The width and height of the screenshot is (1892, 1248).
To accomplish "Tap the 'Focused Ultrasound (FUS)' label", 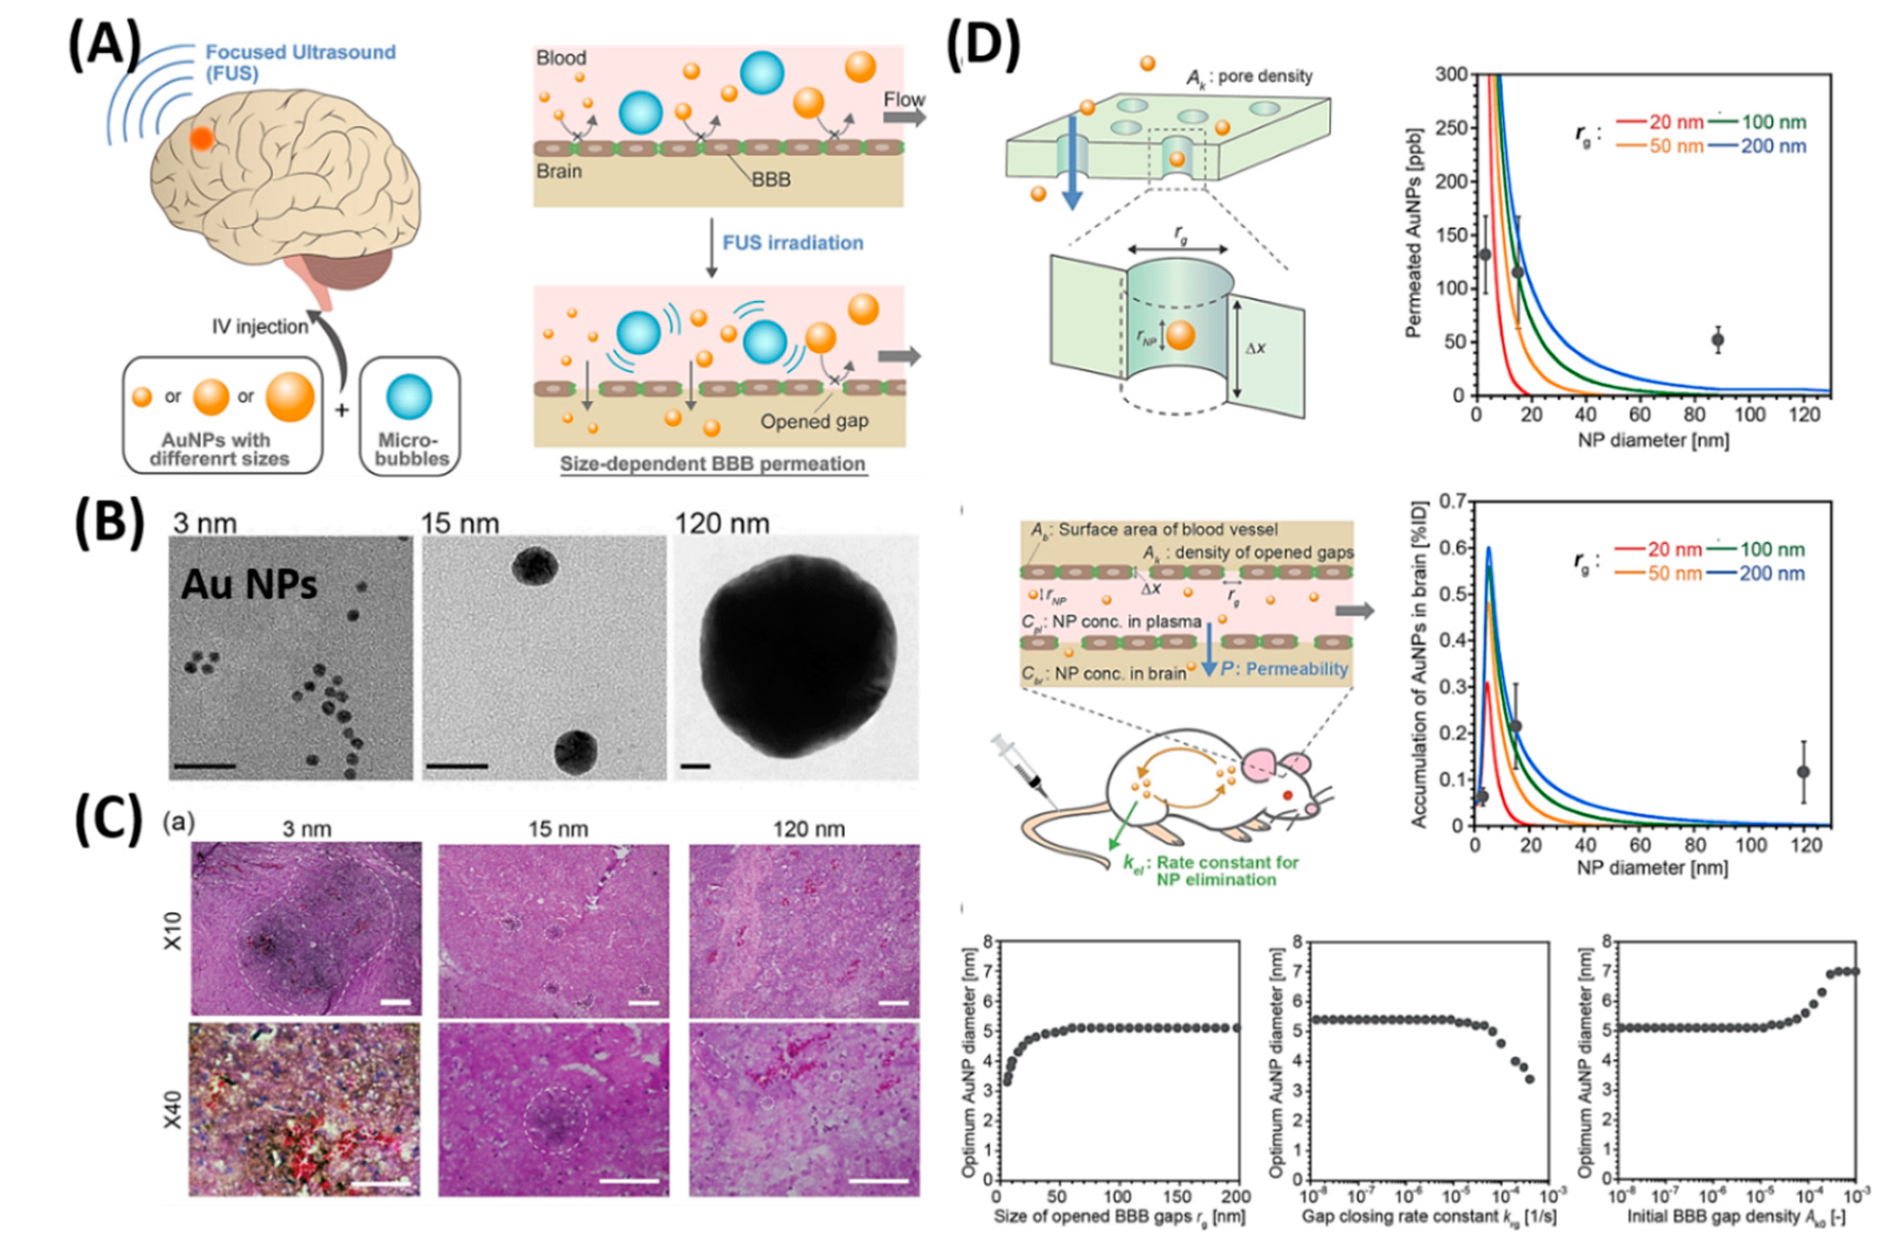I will pos(300,62).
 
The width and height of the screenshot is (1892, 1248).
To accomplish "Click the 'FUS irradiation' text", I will pos(792,243).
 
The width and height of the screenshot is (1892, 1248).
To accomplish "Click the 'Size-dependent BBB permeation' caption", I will pos(712,464).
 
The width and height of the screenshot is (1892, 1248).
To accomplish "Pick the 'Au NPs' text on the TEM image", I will pos(248,585).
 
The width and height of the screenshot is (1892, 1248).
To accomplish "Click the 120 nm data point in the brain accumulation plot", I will pos(1804,771).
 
